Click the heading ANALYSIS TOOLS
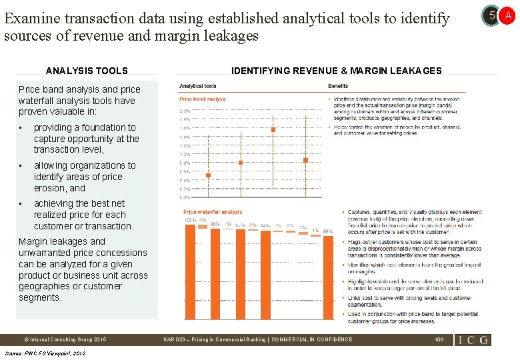tap(87, 71)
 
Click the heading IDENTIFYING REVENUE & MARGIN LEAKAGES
tap(336, 71)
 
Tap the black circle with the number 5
tap(491, 14)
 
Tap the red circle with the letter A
tap(507, 14)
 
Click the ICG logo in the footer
tap(473, 339)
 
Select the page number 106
tap(439, 339)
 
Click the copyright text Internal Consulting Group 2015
tap(64, 339)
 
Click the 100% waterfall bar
tap(190, 272)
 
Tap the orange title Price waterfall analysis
tap(213, 212)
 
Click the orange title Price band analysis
tap(202, 99)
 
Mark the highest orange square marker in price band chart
tap(273, 129)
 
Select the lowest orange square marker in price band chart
tap(208, 175)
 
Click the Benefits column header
tap(337, 86)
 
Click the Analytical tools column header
tap(197, 86)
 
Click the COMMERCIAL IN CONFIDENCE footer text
tap(313, 339)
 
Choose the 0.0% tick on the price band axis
tap(185, 197)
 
